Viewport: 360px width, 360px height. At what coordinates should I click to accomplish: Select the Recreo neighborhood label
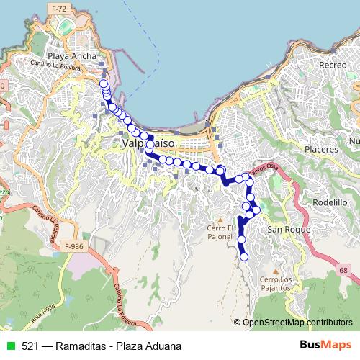tap(333, 65)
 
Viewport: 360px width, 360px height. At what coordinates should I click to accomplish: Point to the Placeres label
tap(321, 149)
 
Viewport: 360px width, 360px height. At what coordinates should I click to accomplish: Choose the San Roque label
tap(289, 229)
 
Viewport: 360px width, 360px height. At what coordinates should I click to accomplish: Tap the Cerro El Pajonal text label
tap(220, 233)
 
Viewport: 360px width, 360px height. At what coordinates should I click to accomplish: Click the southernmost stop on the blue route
tap(243, 256)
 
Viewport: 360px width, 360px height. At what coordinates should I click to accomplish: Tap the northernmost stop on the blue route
tap(103, 82)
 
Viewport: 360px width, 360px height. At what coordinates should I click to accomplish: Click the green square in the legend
tap(9, 346)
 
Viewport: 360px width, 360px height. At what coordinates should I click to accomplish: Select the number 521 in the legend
tap(29, 346)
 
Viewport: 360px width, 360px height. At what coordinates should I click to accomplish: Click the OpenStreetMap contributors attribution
tap(296, 322)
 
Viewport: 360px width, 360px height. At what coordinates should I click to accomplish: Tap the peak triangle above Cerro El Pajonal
tap(220, 220)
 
